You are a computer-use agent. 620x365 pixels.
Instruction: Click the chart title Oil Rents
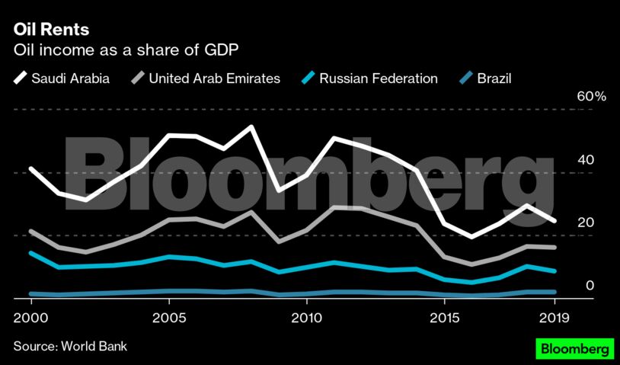[x=51, y=30]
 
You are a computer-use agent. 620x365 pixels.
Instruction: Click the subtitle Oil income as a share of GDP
[x=126, y=51]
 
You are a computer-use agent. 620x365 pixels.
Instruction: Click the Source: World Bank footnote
[x=70, y=347]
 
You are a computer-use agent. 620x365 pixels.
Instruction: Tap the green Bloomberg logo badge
[x=575, y=349]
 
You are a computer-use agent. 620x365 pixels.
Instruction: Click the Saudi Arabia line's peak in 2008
[x=251, y=126]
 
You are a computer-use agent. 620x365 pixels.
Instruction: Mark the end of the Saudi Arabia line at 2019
[x=554, y=221]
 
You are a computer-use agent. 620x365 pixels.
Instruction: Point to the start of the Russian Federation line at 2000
[x=30, y=253]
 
